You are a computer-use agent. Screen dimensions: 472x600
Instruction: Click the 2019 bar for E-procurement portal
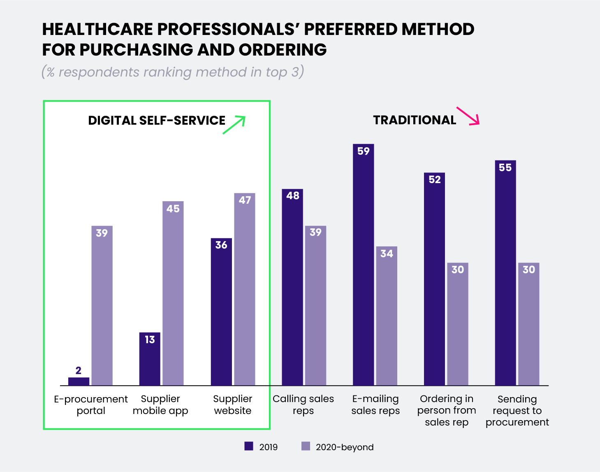[x=79, y=381]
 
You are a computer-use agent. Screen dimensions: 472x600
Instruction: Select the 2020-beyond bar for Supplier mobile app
[x=173, y=293]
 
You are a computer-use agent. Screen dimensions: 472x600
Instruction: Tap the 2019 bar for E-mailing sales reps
[x=364, y=265]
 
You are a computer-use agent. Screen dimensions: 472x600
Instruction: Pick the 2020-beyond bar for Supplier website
[x=245, y=289]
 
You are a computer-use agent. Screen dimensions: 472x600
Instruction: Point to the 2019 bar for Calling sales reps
[x=292, y=287]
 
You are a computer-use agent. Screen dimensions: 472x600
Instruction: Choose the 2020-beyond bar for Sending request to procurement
[x=528, y=324]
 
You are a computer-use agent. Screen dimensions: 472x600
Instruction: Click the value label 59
[x=364, y=151]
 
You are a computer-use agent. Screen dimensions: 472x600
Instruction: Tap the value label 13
[x=150, y=339]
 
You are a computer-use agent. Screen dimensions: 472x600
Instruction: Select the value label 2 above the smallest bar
[x=79, y=370]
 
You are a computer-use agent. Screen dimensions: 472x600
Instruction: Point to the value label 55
[x=505, y=167]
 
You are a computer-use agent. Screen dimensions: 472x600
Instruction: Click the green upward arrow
[x=234, y=125]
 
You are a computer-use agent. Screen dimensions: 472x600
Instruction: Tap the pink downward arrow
[x=468, y=116]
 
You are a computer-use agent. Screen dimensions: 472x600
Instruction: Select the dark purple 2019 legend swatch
[x=249, y=446]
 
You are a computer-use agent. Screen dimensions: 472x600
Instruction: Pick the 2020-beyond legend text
[x=345, y=447]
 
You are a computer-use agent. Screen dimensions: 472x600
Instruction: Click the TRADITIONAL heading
[x=415, y=120]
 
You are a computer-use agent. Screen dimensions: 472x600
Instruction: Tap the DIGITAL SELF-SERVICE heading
[x=157, y=121]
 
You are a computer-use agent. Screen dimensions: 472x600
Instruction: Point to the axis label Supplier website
[x=233, y=405]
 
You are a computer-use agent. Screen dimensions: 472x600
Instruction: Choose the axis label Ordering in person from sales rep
[x=447, y=410]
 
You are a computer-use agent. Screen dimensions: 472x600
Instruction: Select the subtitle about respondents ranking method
[x=173, y=72]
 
